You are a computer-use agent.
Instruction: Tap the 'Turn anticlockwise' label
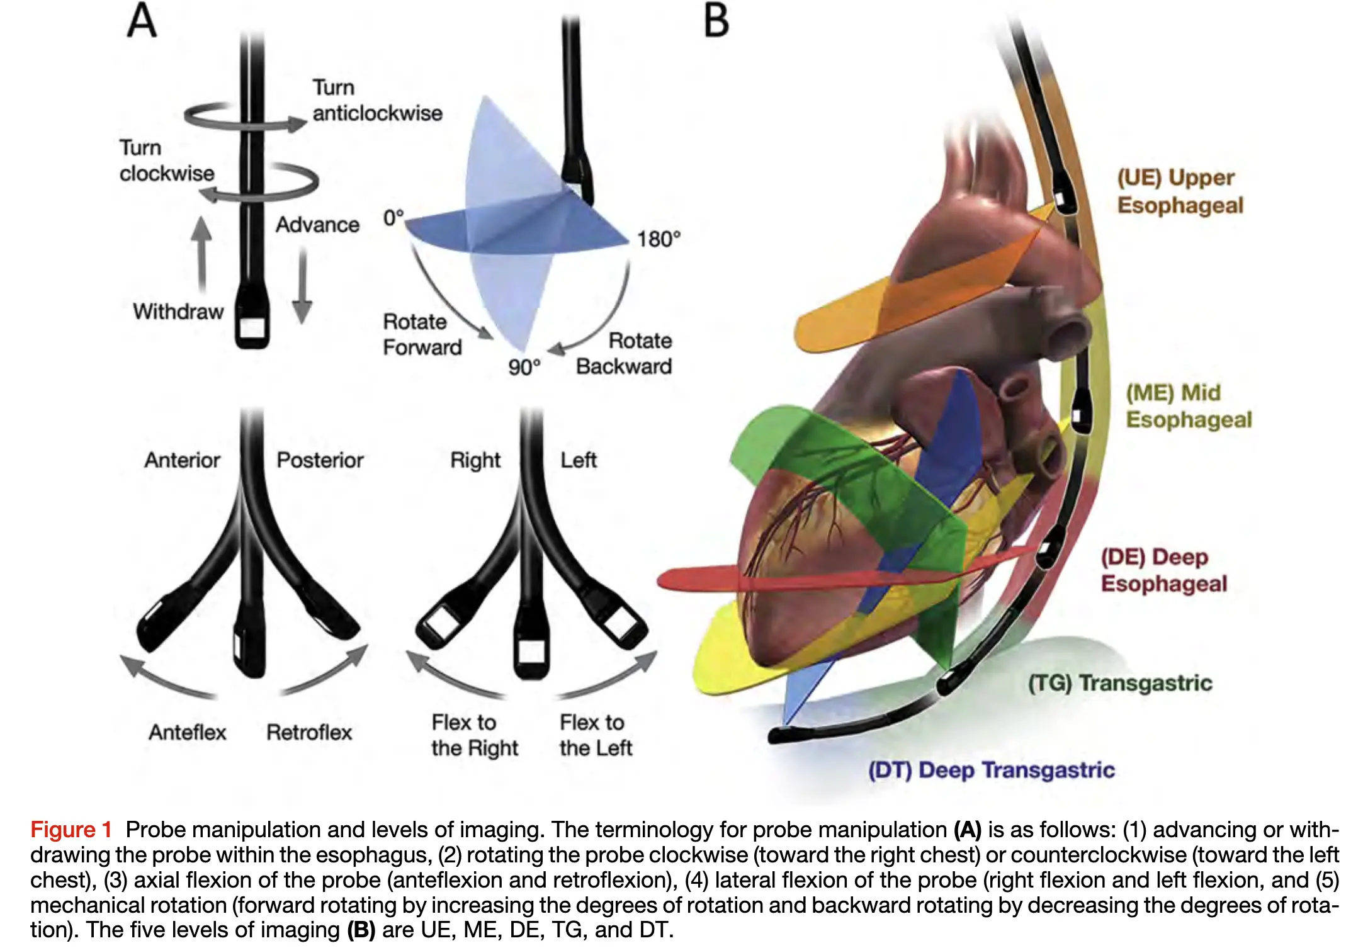tap(376, 100)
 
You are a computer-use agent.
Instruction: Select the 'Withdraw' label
tap(178, 312)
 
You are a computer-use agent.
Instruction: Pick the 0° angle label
tap(393, 218)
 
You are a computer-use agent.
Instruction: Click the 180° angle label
tap(659, 240)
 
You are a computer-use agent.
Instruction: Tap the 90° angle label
tap(524, 367)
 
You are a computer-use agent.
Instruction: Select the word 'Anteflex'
tap(187, 732)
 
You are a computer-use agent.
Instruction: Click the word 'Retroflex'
tap(309, 732)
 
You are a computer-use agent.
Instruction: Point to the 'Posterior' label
tap(320, 460)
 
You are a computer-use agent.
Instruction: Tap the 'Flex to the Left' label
tap(595, 735)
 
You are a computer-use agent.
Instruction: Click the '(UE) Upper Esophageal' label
tap(1180, 191)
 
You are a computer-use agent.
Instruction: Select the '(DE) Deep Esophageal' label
tap(1163, 570)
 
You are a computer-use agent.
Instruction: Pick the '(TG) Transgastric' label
tap(1120, 683)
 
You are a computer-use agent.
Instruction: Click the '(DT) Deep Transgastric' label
tap(991, 770)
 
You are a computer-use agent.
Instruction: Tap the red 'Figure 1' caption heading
tap(71, 830)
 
